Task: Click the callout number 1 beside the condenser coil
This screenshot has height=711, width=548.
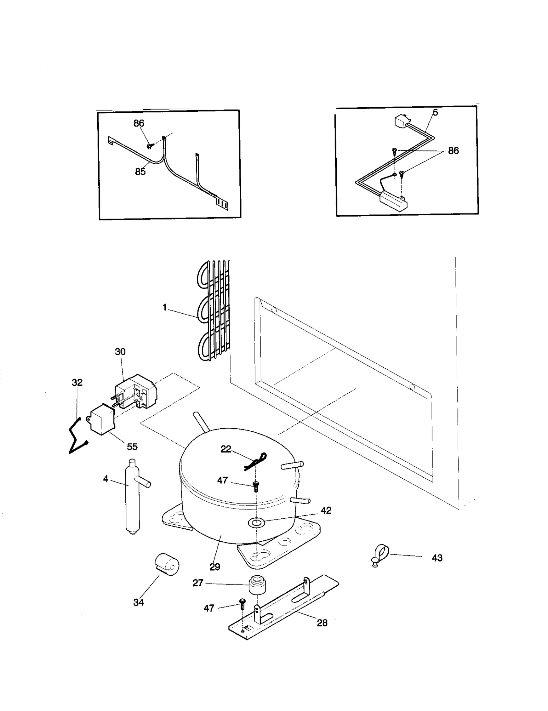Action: pyautogui.click(x=164, y=308)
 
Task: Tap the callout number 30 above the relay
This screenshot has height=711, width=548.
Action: pyautogui.click(x=120, y=352)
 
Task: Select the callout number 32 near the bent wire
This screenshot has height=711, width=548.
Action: pyautogui.click(x=77, y=382)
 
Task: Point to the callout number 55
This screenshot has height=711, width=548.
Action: pyautogui.click(x=132, y=447)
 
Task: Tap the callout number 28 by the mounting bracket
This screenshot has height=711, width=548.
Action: pyautogui.click(x=322, y=623)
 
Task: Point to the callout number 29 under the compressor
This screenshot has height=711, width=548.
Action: pyautogui.click(x=215, y=567)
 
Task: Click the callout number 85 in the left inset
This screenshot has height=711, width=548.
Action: pyautogui.click(x=140, y=172)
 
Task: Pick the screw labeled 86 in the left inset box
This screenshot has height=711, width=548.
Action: pyautogui.click(x=149, y=146)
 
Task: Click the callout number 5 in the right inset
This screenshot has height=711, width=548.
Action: pyautogui.click(x=435, y=112)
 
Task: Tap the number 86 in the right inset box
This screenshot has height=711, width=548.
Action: pyautogui.click(x=453, y=151)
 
